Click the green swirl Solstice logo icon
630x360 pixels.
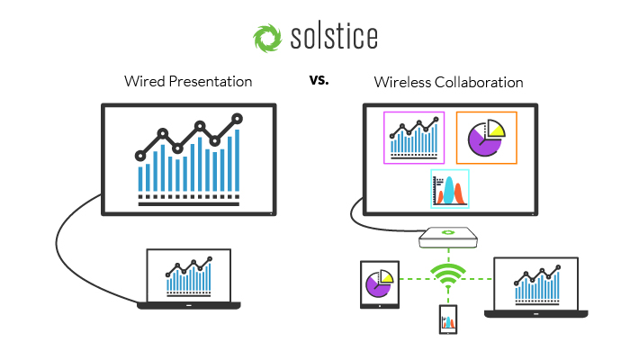[267, 38]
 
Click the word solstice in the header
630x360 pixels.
[334, 37]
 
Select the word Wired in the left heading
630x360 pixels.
[145, 82]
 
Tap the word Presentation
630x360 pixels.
[211, 82]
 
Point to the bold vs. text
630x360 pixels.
[319, 79]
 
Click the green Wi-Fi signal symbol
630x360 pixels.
[448, 275]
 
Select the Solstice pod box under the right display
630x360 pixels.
[448, 238]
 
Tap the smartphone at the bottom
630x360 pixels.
[448, 319]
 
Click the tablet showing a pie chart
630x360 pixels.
[380, 284]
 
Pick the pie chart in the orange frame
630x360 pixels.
[487, 138]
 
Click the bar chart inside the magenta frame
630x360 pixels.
[414, 138]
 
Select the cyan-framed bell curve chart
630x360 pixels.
[450, 189]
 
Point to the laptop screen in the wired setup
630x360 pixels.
[189, 275]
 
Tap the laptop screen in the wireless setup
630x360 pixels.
[536, 283]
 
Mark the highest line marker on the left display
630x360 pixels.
[238, 119]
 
